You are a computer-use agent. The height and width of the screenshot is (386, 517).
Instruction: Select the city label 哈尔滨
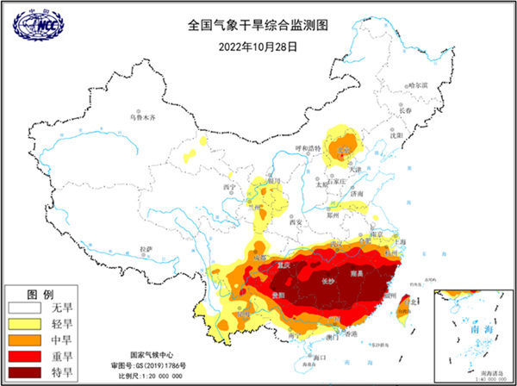[x=417, y=85]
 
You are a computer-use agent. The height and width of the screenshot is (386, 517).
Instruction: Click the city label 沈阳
[x=396, y=135]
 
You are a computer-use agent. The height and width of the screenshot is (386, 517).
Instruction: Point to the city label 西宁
[x=228, y=186]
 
